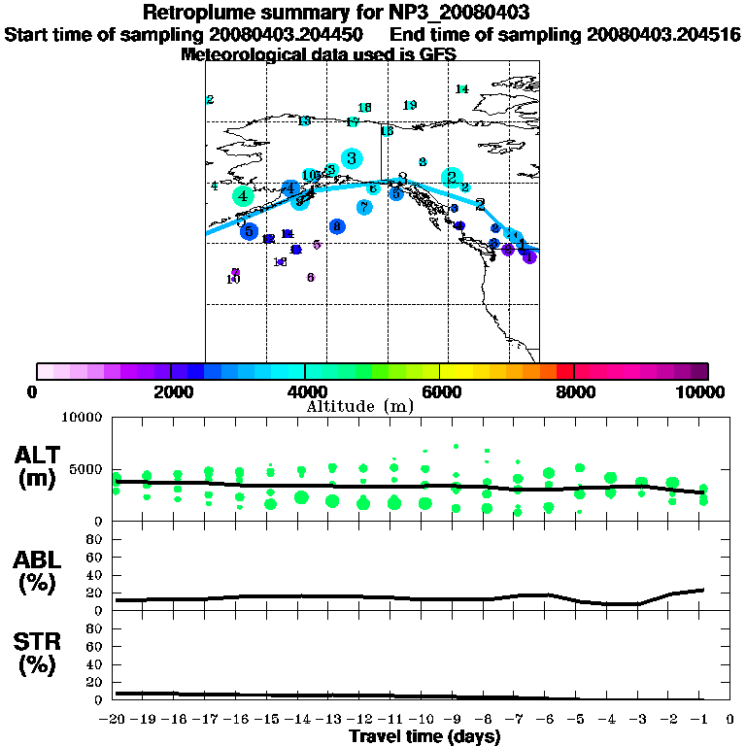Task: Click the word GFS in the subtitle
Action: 437,55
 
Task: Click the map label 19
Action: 410,105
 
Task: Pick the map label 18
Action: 364,108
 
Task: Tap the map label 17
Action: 353,122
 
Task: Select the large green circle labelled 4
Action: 242,196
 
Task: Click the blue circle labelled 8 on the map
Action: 337,226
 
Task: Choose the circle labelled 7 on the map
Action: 364,207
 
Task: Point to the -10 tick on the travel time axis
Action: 424,720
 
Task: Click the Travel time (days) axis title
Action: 424,736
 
